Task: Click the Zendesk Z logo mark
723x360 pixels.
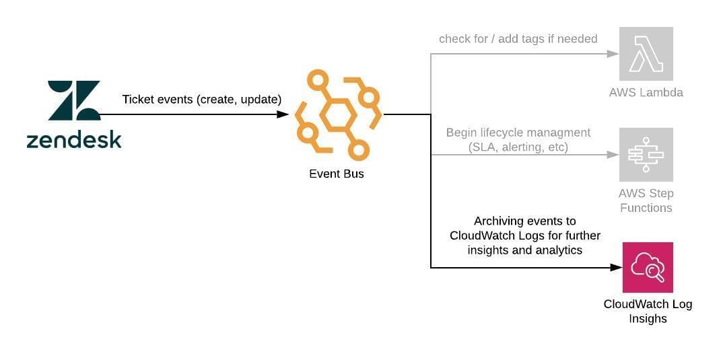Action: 74,102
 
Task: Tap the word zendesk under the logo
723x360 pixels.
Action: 74,140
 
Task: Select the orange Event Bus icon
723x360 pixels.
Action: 337,114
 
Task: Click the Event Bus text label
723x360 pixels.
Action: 337,174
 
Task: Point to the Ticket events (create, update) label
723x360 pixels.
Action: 201,100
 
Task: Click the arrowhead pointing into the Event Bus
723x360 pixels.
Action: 283,114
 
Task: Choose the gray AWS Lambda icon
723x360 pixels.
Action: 646,54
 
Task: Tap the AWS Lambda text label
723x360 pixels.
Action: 646,93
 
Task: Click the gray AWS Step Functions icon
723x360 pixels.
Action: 646,155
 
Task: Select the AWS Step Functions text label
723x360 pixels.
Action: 646,201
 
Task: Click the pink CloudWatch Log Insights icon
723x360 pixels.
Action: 648,267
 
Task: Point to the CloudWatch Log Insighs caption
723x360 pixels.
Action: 648,311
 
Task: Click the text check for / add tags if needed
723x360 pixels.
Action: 518,39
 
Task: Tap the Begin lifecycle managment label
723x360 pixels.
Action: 518,133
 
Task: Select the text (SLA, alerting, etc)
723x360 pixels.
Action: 518,147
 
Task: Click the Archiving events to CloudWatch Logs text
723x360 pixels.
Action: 525,235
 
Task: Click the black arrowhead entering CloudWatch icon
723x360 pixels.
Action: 616,267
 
